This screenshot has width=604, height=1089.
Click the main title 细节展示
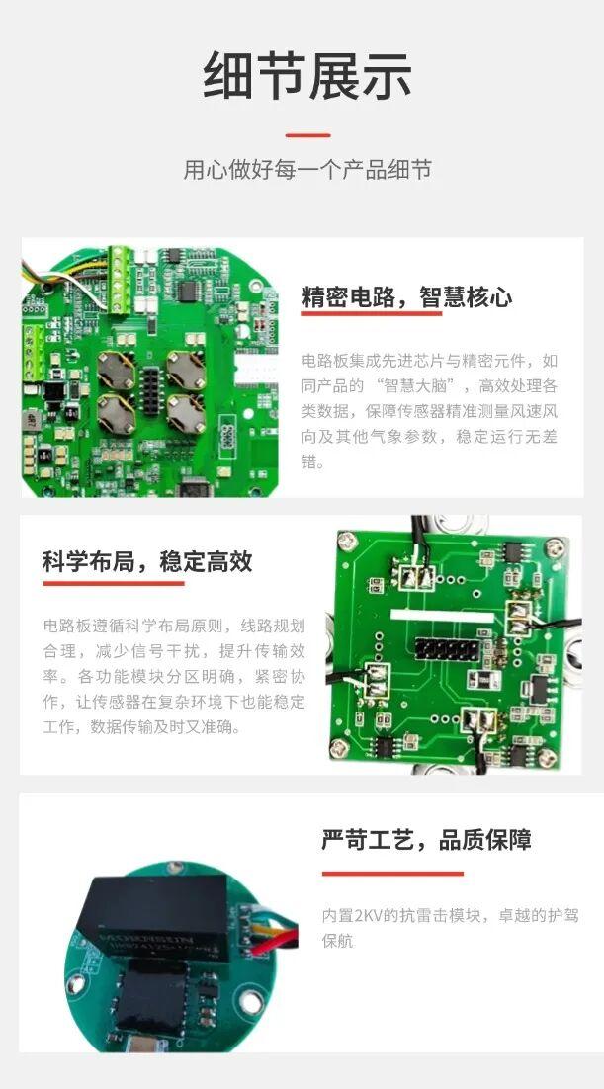(x=307, y=76)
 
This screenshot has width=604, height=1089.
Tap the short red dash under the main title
(x=307, y=135)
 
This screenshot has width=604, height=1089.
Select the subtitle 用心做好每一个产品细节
(x=307, y=170)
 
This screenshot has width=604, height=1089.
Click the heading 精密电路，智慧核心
(x=406, y=296)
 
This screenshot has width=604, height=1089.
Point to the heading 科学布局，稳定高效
(x=147, y=561)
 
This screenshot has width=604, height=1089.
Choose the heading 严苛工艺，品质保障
(x=426, y=839)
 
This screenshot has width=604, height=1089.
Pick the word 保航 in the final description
(x=337, y=941)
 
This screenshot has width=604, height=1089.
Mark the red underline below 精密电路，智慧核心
(x=371, y=314)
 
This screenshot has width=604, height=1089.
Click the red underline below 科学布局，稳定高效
(x=114, y=583)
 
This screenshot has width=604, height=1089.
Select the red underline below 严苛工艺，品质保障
(x=392, y=874)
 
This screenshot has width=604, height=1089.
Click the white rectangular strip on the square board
(x=442, y=616)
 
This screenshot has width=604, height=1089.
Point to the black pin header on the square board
(x=448, y=651)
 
